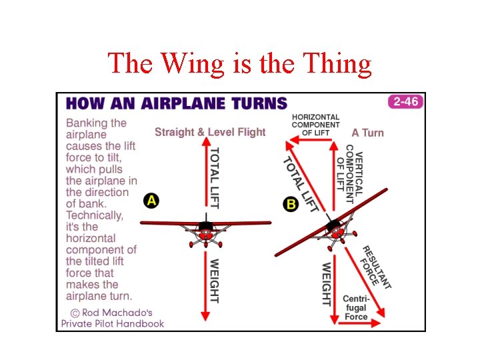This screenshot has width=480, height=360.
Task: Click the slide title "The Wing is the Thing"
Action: pyautogui.click(x=239, y=64)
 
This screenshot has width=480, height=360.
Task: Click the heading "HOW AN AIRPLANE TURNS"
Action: pyautogui.click(x=176, y=103)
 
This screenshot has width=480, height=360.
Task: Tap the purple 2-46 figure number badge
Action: pyautogui.click(x=405, y=102)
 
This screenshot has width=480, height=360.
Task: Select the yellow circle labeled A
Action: pyautogui.click(x=151, y=200)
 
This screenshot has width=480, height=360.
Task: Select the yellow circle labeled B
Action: pyautogui.click(x=291, y=204)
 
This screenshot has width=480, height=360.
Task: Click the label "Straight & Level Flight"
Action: pyautogui.click(x=210, y=132)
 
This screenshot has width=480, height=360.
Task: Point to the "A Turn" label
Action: pyautogui.click(x=368, y=133)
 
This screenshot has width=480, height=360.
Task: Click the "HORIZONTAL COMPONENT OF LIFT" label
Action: pyautogui.click(x=315, y=125)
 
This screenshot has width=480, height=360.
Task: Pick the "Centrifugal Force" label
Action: pyautogui.click(x=356, y=307)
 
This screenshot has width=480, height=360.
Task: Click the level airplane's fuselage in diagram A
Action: pyautogui.click(x=205, y=231)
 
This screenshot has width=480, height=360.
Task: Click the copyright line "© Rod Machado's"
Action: pyautogui.click(x=112, y=312)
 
